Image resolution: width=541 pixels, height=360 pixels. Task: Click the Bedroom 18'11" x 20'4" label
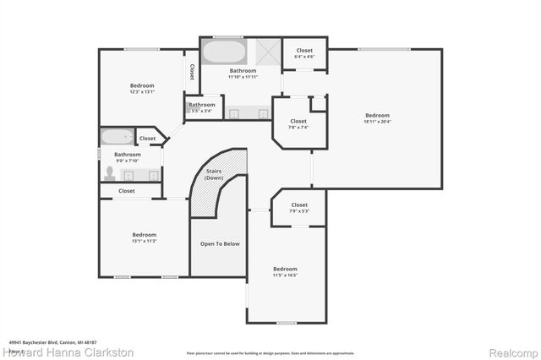tap(377, 118)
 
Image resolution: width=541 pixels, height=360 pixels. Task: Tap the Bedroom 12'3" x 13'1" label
tap(142, 89)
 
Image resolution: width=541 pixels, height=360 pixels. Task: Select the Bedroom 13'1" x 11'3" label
tap(144, 237)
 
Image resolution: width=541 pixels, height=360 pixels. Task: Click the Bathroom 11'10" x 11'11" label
tap(243, 74)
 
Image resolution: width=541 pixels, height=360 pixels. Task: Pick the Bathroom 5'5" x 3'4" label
tap(202, 107)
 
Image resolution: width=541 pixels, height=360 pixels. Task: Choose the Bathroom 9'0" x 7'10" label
tap(128, 157)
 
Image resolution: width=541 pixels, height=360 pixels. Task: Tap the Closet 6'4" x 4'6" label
tap(304, 53)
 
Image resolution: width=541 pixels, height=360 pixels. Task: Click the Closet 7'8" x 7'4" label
tap(298, 124)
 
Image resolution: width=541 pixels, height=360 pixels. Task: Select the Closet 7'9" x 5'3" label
tap(299, 208)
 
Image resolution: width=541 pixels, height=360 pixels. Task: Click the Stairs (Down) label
tap(215, 175)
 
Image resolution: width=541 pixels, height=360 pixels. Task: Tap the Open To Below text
tap(219, 243)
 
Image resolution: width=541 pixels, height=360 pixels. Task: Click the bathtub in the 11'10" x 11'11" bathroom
tap(223, 52)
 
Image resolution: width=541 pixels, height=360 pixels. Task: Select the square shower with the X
tap(268, 52)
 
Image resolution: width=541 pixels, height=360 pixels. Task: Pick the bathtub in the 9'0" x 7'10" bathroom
tap(116, 137)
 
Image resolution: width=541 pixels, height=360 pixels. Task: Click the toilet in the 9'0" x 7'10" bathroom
tap(110, 174)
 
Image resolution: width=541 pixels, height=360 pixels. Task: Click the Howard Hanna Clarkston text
tap(70, 352)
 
